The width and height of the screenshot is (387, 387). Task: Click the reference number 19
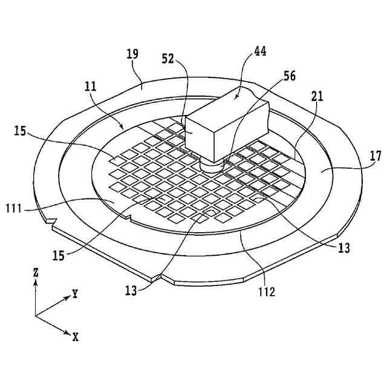point(132,54)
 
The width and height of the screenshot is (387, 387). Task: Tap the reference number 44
point(261,53)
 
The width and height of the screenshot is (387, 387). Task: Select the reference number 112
point(265,293)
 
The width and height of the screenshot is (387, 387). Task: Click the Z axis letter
point(36,273)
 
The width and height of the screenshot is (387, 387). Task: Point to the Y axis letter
point(75,294)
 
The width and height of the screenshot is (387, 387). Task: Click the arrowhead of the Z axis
point(36,283)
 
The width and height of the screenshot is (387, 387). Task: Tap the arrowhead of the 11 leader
point(123,128)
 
